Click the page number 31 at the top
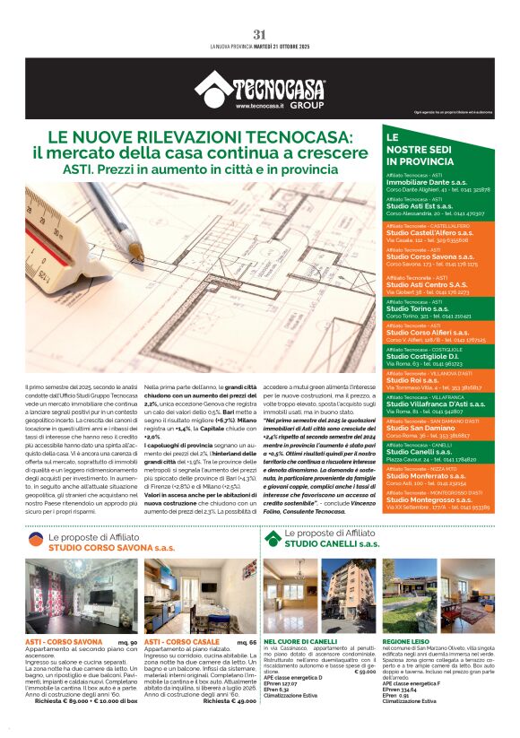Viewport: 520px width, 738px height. tap(260, 35)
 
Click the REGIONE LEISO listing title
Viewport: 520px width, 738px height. tap(408, 641)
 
